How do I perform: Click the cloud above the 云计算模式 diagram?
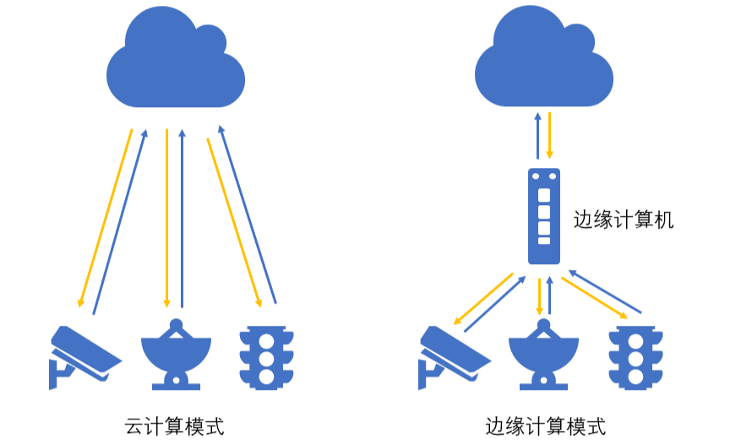(x=176, y=63)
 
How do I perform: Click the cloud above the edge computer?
(x=542, y=63)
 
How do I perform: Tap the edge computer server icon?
(x=544, y=216)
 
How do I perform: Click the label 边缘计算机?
(x=624, y=220)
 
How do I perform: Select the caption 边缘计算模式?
(x=546, y=425)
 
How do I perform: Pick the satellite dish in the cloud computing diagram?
(x=176, y=355)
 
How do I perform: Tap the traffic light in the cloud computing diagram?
(x=268, y=356)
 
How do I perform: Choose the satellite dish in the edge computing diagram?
(x=543, y=355)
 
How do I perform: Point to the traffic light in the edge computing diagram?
(x=635, y=356)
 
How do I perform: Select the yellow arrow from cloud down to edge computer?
(x=550, y=135)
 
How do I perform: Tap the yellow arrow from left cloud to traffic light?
(x=232, y=219)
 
